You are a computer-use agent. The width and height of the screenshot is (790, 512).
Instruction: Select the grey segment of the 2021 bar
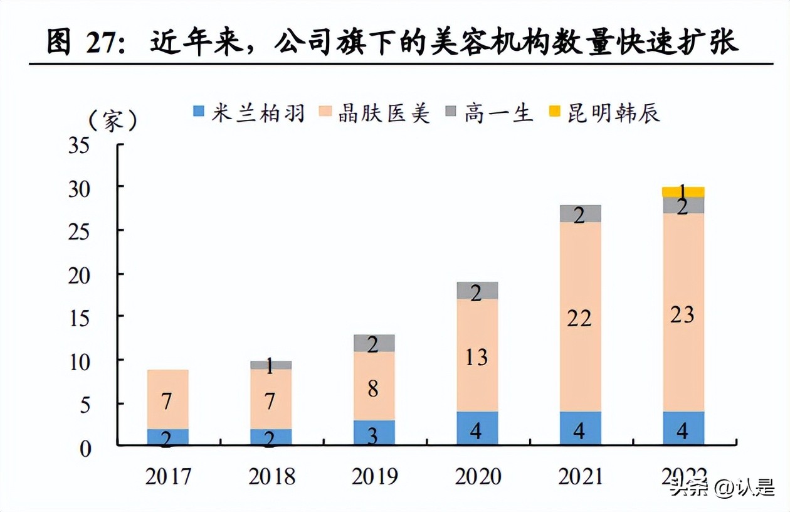(580, 213)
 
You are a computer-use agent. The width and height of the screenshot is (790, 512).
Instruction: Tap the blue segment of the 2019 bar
(374, 433)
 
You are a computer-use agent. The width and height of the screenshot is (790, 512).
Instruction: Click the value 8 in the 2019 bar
(373, 389)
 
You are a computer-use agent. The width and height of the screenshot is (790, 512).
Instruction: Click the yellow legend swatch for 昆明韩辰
(554, 113)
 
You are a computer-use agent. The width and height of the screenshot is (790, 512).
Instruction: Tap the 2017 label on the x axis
(168, 477)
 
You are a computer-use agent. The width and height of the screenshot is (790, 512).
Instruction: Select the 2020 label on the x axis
(478, 477)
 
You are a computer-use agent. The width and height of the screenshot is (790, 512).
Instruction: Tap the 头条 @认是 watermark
(722, 488)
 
